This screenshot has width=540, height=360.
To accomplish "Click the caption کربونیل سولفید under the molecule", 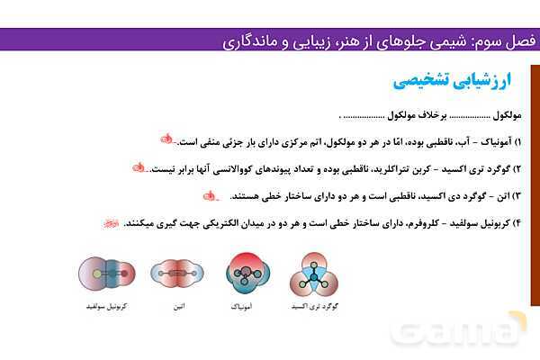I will click(106, 307).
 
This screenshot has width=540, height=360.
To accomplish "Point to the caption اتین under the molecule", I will click(179, 307).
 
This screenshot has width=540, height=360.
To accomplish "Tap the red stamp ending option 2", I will click(139, 167).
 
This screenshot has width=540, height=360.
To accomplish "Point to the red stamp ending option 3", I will click(211, 194).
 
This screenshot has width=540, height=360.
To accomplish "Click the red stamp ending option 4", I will click(109, 221).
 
